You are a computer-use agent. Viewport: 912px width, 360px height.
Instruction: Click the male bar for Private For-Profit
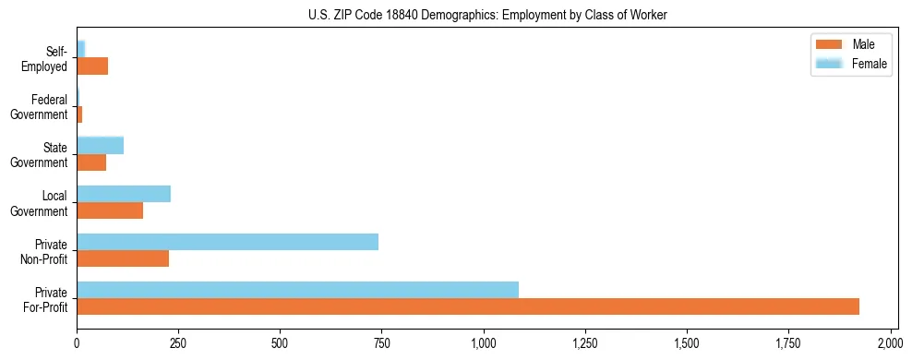[x=468, y=306]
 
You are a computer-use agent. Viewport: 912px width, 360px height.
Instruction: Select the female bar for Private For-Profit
[x=297, y=290]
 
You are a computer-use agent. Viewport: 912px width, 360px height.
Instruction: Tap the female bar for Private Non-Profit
[x=227, y=242]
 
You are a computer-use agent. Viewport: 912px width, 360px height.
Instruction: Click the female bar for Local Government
[x=124, y=194]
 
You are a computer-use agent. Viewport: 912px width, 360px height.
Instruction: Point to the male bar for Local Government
[x=110, y=210]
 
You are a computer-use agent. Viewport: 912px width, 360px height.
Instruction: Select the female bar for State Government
[x=100, y=146]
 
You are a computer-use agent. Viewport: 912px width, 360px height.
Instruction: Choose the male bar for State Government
[x=91, y=162]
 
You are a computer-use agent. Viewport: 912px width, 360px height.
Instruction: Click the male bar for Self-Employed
[x=92, y=66]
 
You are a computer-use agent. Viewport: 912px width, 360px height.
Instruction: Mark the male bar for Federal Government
[x=79, y=114]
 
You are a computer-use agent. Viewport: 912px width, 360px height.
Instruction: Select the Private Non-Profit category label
[x=48, y=251]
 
